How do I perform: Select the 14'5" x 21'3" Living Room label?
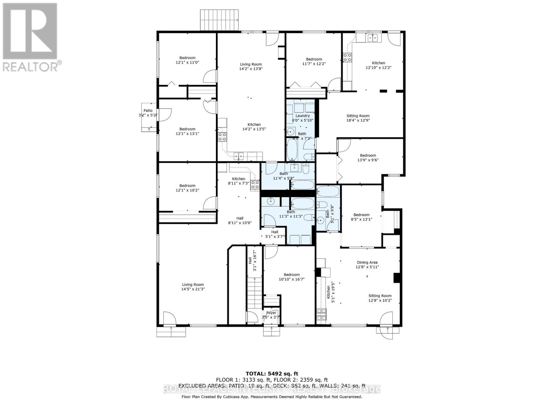pos(193,287)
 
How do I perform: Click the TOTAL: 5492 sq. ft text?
pos(272,374)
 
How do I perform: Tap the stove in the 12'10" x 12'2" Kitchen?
pos(347,57)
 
